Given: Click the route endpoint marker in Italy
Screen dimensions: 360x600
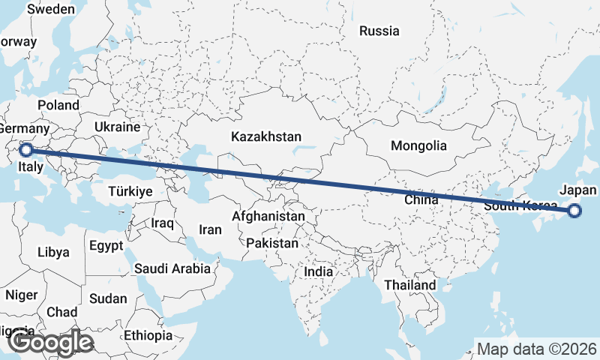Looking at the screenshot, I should coord(26,149).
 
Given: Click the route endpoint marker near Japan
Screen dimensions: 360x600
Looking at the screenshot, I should coord(574,211).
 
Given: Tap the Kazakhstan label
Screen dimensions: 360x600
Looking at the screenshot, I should coord(266,137).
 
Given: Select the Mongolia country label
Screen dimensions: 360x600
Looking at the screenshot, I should coord(419,146).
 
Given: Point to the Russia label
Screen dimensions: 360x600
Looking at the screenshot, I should coord(379,31).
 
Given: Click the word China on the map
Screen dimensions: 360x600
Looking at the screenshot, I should coord(421,200).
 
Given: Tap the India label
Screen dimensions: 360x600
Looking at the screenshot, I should coord(318,272).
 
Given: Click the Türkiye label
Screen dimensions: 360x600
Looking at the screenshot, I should coord(130,191).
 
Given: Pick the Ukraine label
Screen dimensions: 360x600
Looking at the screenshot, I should coord(118,127).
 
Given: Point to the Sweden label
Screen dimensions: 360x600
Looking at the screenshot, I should coord(50,10).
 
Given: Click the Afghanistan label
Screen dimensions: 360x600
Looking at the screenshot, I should coord(268,217).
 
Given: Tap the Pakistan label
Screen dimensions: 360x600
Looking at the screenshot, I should coord(271,244).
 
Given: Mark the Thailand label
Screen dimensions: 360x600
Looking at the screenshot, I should coord(409,286).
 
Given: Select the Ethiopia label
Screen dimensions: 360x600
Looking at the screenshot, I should coord(148,334).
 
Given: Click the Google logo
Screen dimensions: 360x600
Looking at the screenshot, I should coord(50,343).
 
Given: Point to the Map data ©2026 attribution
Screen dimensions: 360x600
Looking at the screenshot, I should coord(536,349).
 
